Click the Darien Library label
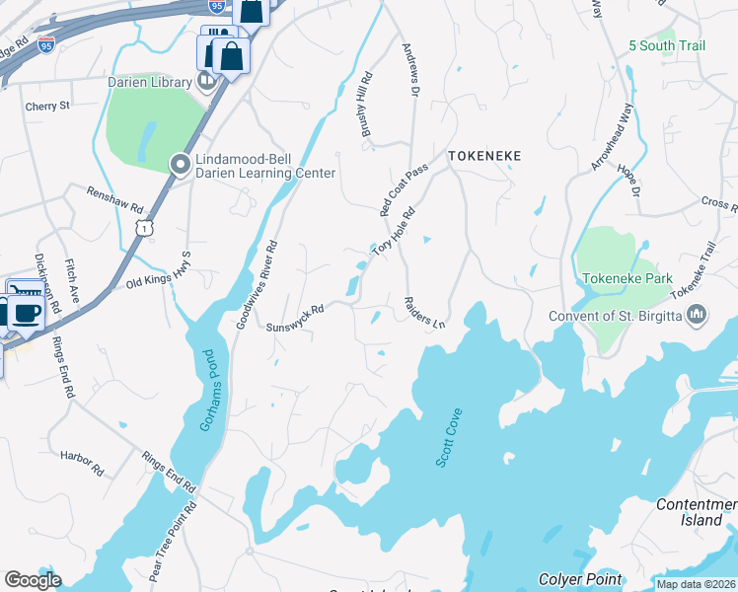coord(149,82)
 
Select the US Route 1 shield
coord(144,228)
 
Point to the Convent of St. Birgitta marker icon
coord(698,316)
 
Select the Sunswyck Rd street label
coord(294,318)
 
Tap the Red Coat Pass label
coord(405,189)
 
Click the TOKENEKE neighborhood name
coord(483,156)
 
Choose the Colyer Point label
coord(580,579)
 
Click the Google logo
coord(33,580)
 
